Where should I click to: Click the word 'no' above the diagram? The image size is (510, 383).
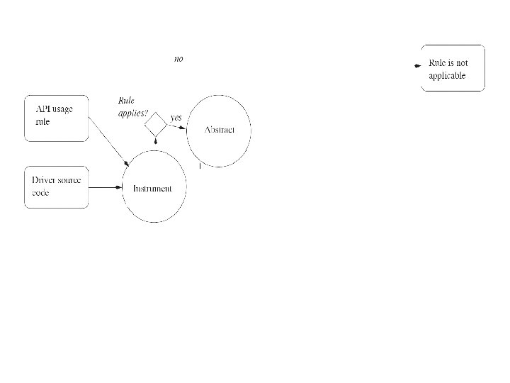(x=178, y=60)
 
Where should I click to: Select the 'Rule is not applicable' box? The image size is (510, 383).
(x=453, y=68)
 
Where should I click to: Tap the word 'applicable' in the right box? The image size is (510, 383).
(x=447, y=76)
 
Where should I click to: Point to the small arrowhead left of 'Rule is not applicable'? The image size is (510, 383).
(x=416, y=65)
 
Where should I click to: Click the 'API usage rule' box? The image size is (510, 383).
(x=56, y=115)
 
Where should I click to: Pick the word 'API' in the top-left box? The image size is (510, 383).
(x=44, y=108)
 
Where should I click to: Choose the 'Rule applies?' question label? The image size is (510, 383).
(x=132, y=106)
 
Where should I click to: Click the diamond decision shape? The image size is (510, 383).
(x=156, y=126)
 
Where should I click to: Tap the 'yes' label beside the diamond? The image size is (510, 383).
(x=176, y=116)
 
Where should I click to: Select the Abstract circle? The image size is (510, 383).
(x=219, y=131)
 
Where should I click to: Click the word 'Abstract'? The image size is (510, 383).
(x=219, y=131)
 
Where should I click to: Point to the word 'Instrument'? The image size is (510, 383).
(x=152, y=188)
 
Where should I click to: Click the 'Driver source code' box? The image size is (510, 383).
(x=56, y=187)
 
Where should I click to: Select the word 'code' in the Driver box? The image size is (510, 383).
(x=40, y=193)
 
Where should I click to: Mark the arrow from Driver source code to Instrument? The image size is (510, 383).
(x=106, y=187)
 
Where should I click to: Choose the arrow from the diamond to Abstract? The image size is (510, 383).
(x=178, y=127)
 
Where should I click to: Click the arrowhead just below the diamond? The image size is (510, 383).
(x=156, y=143)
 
